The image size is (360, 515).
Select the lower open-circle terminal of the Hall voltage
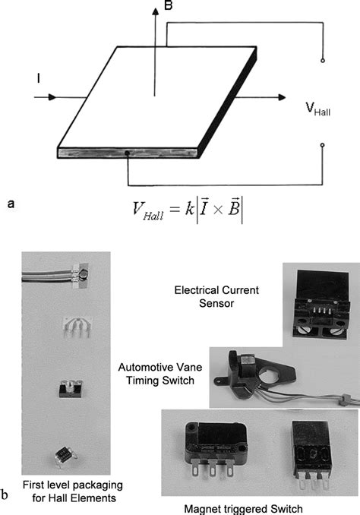click(323, 144)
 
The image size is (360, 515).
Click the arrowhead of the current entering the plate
click(51, 97)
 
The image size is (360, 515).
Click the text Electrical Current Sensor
click(216, 296)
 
